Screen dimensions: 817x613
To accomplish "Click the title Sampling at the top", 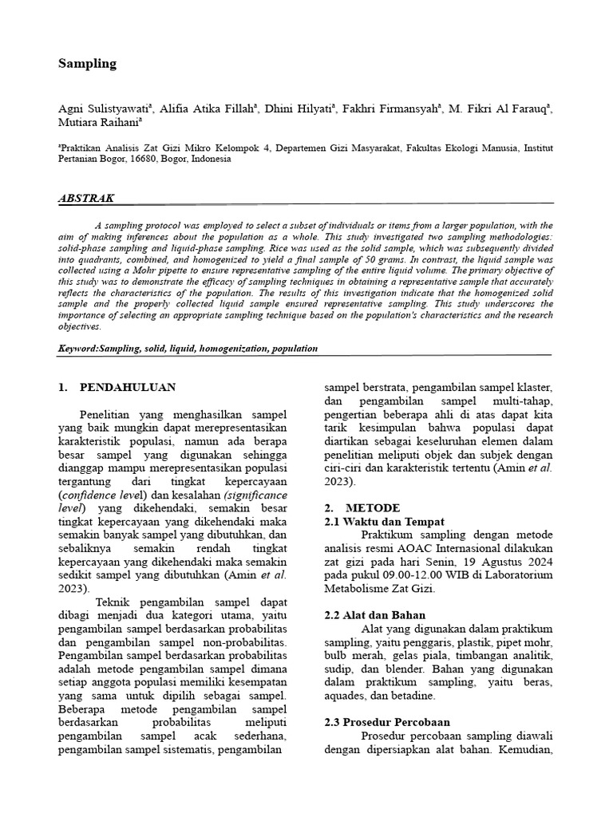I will point(87,63).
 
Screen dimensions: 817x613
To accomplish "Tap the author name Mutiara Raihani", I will point(98,124).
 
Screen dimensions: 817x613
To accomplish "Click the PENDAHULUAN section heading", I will point(128,388).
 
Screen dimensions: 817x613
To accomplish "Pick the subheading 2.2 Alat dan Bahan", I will point(375,615).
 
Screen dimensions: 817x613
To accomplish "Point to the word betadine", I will point(412,696).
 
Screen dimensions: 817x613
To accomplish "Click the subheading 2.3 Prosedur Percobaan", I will point(387,721).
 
